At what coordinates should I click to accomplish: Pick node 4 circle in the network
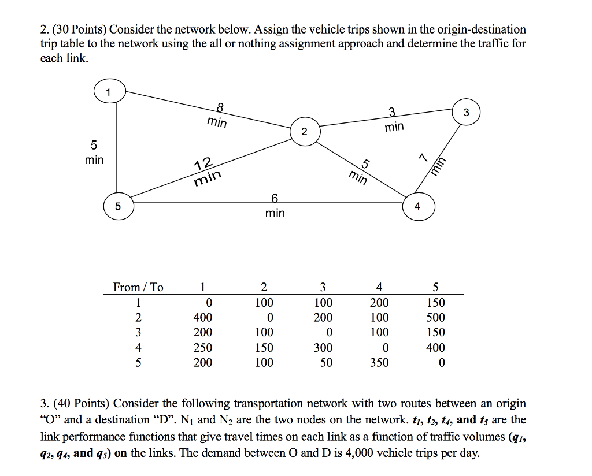pos(418,206)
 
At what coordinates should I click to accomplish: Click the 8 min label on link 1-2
pos(217,116)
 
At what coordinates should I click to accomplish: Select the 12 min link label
pos(206,172)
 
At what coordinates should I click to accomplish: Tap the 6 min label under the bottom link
pos(275,207)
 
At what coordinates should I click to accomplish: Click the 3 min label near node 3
pos(394,119)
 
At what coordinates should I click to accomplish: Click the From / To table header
pos(138,287)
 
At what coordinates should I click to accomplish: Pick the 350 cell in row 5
pos(379,363)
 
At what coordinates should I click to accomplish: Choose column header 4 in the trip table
pos(379,287)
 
